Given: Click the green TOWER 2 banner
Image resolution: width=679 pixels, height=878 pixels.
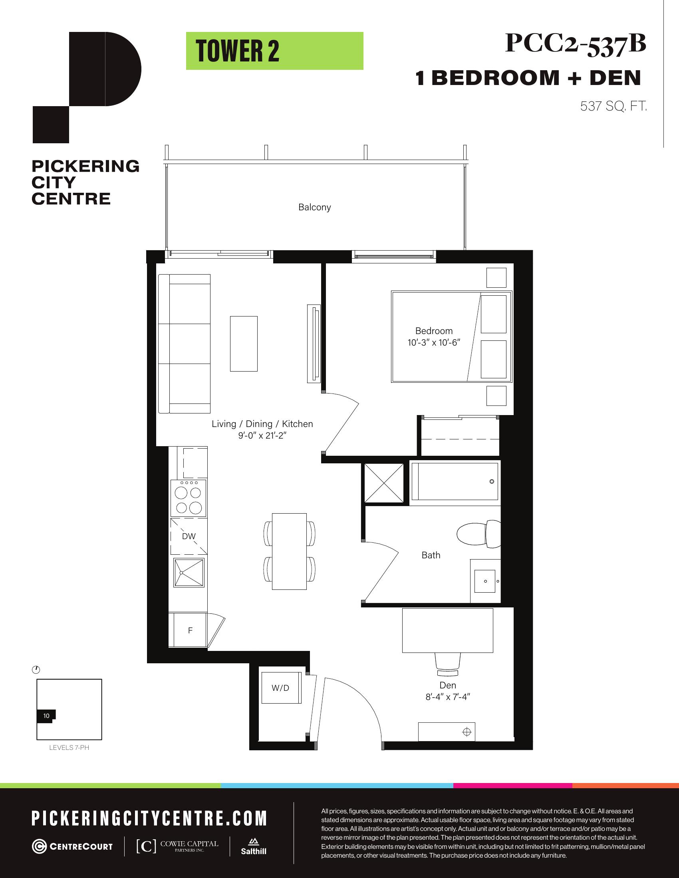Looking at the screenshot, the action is point(274,51).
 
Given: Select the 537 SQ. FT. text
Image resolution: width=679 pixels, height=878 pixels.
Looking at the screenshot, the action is point(613,106).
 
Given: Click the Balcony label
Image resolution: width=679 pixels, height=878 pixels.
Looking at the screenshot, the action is point(315,207).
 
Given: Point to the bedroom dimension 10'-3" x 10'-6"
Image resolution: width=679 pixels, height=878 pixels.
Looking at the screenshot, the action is point(434,342).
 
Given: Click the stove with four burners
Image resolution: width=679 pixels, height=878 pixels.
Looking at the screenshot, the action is point(189,498).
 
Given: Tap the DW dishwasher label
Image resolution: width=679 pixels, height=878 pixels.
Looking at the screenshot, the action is point(189,536).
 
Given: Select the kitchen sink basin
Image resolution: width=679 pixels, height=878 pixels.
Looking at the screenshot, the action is point(189,572).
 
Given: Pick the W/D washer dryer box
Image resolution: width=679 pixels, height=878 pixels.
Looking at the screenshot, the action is point(281,688).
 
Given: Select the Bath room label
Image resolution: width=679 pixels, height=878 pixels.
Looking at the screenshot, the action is point(431,555).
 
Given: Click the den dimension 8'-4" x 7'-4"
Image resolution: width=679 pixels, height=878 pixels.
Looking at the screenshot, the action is point(448,697).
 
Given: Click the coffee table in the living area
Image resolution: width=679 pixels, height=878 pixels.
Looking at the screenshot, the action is point(244,344).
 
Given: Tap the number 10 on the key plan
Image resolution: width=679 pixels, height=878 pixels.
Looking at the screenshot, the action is point(46,716).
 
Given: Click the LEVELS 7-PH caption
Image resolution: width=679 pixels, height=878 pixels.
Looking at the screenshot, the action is point(69,748).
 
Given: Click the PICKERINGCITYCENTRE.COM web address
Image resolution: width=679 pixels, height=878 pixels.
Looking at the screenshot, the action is point(149,818).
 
